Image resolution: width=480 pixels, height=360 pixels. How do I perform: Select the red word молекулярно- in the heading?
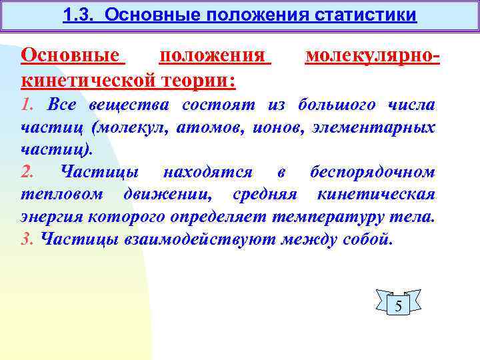point(372,56)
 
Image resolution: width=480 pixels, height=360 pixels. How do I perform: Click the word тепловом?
point(62,194)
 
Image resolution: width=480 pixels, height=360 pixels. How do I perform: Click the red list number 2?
point(27,171)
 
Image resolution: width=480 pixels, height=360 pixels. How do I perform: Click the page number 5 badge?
point(398,306)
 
